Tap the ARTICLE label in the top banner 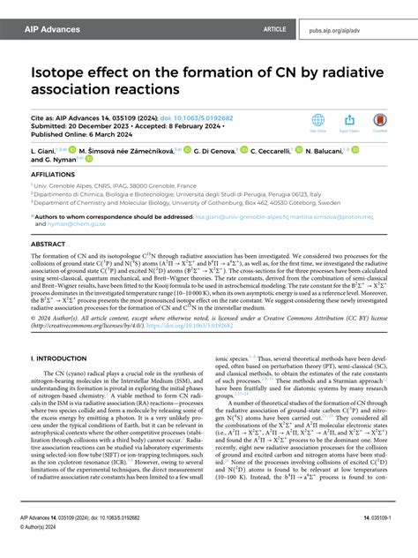(x=274, y=29)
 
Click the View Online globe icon (x=318, y=121)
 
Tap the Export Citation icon (x=349, y=121)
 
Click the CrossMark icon (x=380, y=121)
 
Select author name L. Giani (x=44, y=152)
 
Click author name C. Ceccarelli (x=274, y=152)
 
